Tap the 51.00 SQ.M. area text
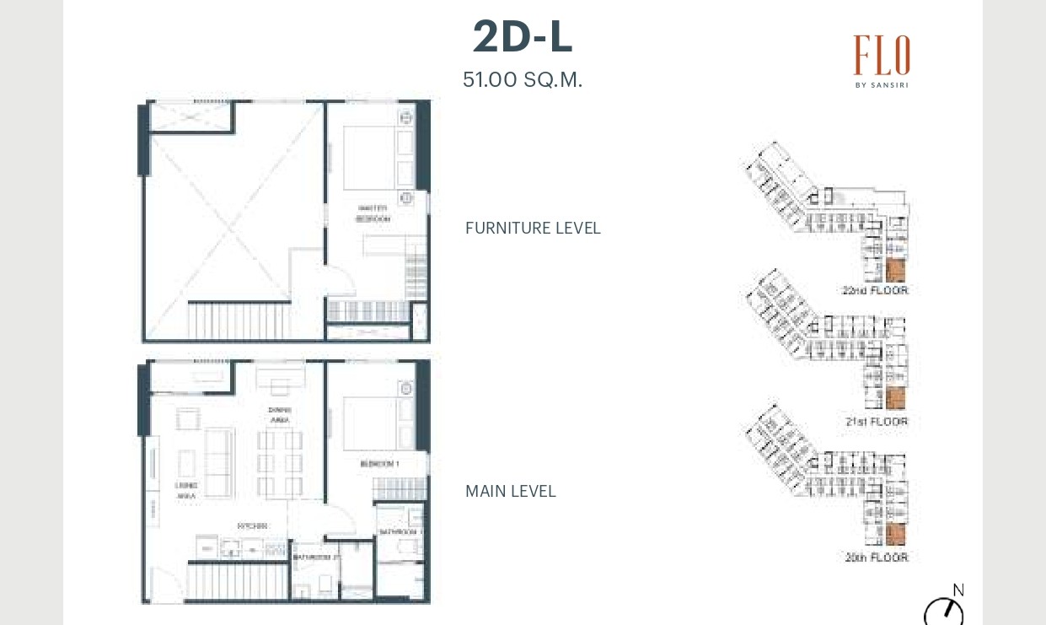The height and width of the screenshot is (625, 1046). pos(522,80)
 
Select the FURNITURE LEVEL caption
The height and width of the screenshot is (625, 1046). pos(533,229)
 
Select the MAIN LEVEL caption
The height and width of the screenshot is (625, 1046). pos(510,492)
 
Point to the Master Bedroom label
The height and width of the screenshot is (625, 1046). pos(373,213)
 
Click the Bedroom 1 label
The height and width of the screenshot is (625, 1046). pos(378,465)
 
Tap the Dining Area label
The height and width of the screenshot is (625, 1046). pos(280,414)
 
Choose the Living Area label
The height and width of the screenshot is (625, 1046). pos(186,491)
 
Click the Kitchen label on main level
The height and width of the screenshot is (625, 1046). pos(252,525)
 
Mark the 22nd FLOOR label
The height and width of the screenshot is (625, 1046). pos(874,291)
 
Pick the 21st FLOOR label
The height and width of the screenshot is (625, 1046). pos(875,422)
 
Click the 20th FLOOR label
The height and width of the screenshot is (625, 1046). pos(875,558)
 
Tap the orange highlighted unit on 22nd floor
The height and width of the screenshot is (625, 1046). pos(895,271)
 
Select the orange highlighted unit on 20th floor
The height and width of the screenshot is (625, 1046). pos(895,535)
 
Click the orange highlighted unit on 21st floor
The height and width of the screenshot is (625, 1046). pos(895,399)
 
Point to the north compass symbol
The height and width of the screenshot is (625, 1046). pos(944,609)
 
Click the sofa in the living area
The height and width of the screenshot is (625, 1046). pos(220,461)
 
